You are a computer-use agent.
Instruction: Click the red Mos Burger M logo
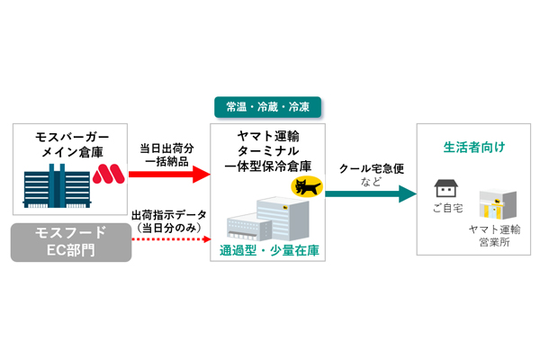pos(109,174)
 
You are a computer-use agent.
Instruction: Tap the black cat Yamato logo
pos(307,186)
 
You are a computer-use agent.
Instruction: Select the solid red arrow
pos(169,175)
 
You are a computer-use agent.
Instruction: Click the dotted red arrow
pos(171,239)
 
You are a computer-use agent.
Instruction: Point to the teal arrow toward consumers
pos(371,194)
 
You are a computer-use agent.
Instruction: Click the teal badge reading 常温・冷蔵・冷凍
pos(267,107)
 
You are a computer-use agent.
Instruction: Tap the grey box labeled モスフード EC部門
pos(71,242)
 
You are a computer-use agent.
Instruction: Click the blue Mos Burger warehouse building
pos(57,185)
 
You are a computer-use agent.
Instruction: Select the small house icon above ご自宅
pos(446,188)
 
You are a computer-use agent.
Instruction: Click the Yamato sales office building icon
pos(498,204)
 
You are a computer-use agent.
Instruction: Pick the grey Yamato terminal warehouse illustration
pos(267,219)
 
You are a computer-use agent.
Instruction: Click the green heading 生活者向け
pos(474,148)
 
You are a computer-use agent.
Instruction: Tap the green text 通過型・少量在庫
pos(269,250)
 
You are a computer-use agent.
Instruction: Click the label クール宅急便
pos(371,169)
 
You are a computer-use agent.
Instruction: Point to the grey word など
pos(371,182)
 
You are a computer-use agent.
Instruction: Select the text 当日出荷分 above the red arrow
pos(166,148)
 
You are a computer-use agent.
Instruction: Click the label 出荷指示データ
pos(169,215)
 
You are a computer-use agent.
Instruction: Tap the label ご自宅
pos(447,208)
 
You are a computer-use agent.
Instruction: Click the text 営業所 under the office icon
pos(494,242)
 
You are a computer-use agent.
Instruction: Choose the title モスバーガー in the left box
pos(72,137)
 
